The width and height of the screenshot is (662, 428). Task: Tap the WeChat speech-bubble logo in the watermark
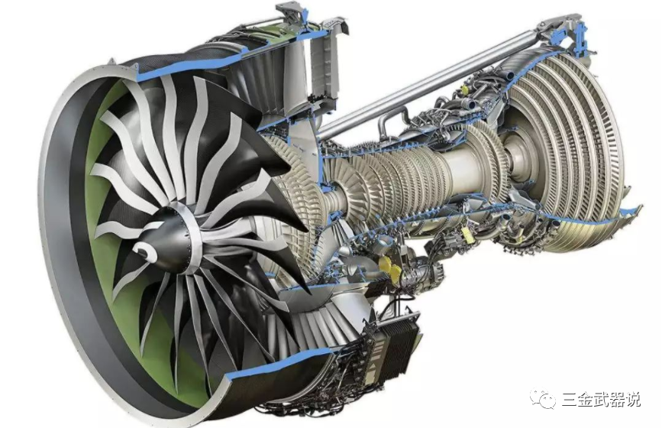[x=543, y=398]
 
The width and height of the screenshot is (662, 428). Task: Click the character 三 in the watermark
[x=570, y=399]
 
